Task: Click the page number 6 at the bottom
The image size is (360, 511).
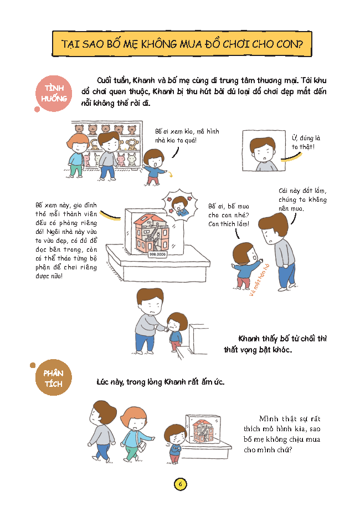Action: (180, 484)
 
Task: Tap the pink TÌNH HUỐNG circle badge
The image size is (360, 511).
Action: (54, 93)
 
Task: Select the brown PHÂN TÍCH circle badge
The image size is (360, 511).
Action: (53, 378)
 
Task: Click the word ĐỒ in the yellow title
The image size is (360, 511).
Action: (213, 44)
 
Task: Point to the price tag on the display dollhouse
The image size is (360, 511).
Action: (157, 254)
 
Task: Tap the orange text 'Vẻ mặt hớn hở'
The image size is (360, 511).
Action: (259, 280)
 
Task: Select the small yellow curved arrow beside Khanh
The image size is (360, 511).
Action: (169, 175)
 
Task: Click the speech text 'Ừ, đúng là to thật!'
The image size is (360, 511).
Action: (306, 142)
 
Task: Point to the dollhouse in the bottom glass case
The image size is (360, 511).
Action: (203, 431)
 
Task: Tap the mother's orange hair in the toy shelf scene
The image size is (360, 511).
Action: (77, 140)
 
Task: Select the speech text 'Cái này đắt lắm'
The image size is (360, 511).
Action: (302, 191)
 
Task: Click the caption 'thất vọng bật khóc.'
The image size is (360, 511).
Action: (258, 350)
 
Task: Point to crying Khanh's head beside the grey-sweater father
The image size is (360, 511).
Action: (177, 321)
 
